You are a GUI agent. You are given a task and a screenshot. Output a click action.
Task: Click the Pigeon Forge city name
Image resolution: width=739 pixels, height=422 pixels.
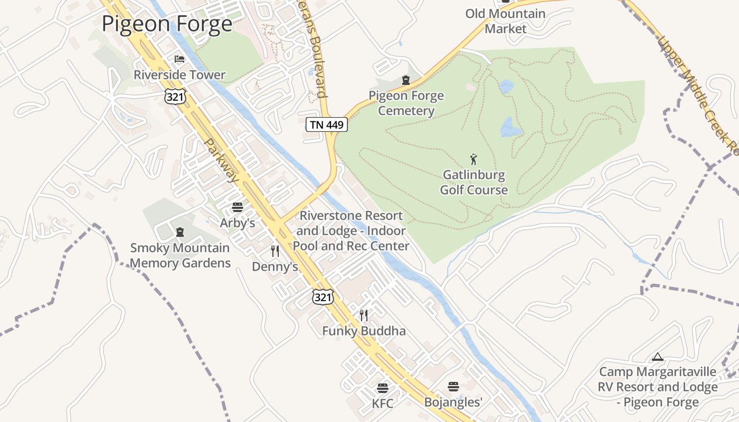pos(167,24)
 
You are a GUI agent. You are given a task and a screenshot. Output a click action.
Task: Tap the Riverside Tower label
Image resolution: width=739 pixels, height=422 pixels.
pos(179,75)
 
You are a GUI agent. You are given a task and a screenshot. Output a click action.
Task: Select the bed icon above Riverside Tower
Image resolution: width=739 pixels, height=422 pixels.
pos(179,59)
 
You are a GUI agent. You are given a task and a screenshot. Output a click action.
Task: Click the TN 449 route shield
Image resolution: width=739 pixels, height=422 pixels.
pos(327,124)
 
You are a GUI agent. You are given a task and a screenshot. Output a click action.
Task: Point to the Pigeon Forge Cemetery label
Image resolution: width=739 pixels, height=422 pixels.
pos(406,103)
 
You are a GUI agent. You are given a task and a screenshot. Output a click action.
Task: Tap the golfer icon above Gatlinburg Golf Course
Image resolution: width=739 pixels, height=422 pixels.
pos(473,159)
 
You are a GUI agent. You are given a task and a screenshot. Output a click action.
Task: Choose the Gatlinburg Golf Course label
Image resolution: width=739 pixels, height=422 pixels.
pos(473,182)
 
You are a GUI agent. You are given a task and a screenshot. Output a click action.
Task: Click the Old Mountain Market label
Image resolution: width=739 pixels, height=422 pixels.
pos(505,21)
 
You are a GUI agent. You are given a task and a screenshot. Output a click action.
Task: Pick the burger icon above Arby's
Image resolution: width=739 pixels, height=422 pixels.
pos(238,207)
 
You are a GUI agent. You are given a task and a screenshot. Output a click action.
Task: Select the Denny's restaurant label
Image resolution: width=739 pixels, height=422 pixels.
pos(275,267)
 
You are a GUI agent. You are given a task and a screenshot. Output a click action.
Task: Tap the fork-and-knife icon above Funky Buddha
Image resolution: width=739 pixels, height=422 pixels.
pos(364,315)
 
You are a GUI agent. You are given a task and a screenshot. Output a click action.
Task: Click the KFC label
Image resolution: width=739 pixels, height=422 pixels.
pos(383,404)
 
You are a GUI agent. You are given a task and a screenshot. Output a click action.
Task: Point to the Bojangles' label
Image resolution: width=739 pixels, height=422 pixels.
pos(453,402)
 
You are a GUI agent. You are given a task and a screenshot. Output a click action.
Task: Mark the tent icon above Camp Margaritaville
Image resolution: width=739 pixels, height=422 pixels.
pos(657,357)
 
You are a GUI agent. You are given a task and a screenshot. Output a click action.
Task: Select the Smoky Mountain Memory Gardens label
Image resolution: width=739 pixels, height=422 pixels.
pos(180,255)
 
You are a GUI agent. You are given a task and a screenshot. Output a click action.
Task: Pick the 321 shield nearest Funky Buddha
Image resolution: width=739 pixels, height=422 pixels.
pos(323,296)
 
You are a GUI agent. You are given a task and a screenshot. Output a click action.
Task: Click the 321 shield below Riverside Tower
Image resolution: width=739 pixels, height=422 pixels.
pos(175,95)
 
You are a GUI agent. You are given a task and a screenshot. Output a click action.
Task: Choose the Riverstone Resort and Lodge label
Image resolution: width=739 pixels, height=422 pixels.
pos(351,231)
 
